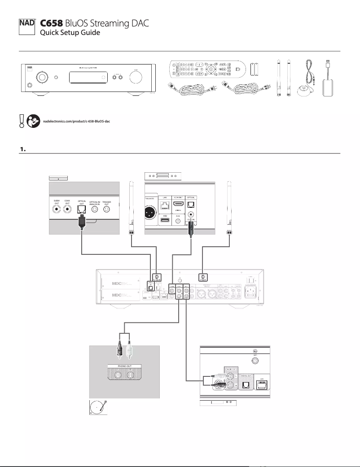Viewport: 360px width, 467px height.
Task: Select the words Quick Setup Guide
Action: click(x=70, y=33)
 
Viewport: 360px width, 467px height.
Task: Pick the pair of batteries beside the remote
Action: click(x=255, y=69)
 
